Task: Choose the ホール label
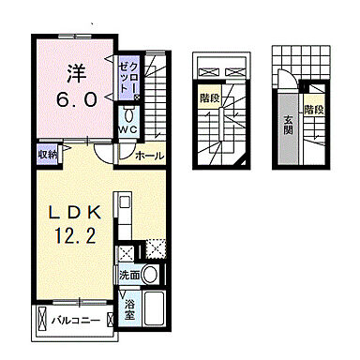point(149,155)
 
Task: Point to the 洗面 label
point(130,276)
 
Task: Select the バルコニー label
point(81,319)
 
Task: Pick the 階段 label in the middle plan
point(210,96)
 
